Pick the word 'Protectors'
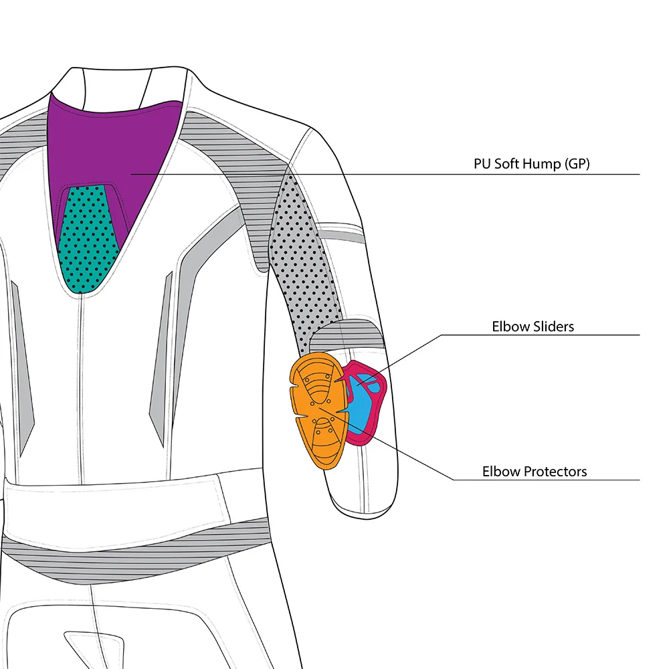555,472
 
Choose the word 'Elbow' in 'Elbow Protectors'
500,472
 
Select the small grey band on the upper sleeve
341,231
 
